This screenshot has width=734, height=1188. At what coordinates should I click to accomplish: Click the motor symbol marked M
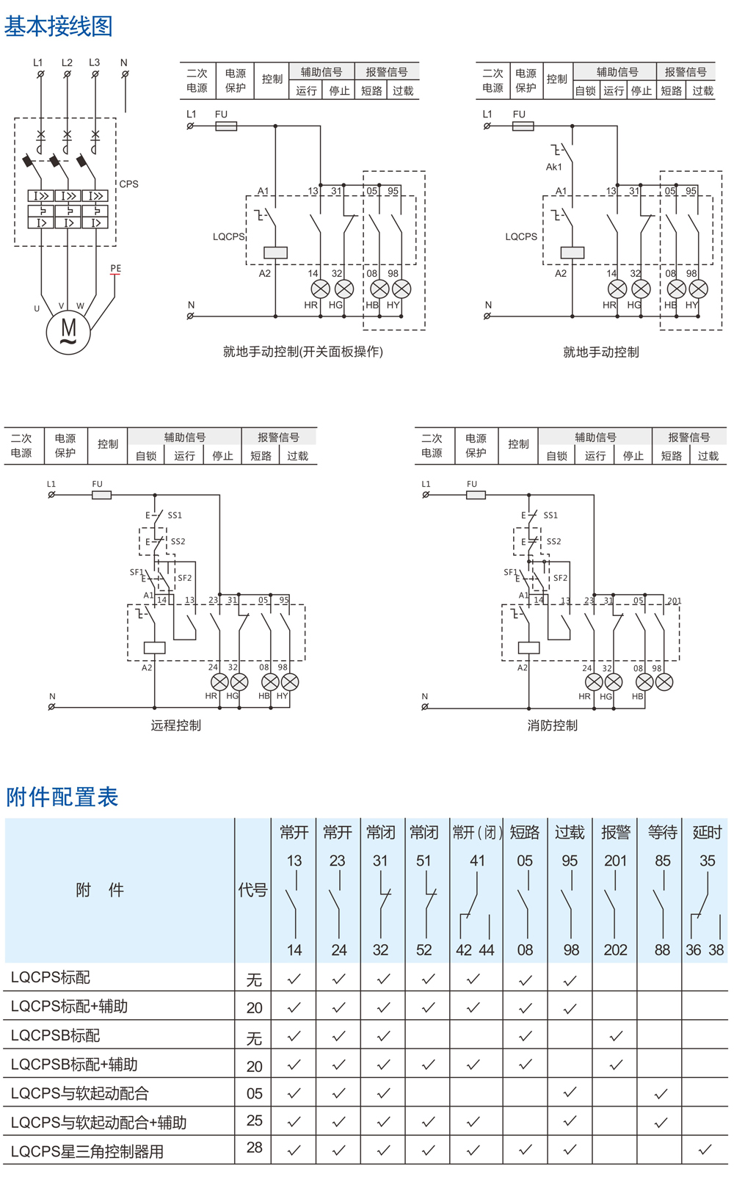click(68, 332)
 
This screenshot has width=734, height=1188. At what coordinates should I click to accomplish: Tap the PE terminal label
click(116, 268)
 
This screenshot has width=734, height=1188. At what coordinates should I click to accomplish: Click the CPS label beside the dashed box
click(129, 184)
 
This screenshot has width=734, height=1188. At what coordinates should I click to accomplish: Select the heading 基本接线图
click(58, 26)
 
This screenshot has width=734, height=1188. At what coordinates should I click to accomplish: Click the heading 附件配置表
click(62, 797)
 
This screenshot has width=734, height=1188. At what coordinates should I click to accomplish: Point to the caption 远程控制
click(176, 725)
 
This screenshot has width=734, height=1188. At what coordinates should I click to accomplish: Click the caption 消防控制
click(552, 725)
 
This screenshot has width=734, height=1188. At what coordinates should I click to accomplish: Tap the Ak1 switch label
click(553, 167)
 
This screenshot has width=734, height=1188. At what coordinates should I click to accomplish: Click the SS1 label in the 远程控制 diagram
click(175, 515)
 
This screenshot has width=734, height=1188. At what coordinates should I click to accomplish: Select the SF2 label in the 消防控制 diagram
click(561, 578)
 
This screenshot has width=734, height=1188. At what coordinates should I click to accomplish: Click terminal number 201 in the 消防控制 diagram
click(674, 601)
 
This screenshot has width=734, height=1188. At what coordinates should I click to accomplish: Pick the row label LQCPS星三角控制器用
click(87, 1151)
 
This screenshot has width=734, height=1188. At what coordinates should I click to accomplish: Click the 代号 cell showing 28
click(255, 1147)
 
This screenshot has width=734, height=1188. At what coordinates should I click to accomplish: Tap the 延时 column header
click(707, 832)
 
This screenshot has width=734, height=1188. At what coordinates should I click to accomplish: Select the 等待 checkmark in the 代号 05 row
click(661, 1093)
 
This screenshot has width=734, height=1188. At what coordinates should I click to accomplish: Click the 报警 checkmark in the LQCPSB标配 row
click(616, 1035)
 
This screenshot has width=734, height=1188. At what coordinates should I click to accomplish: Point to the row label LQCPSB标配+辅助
click(74, 1064)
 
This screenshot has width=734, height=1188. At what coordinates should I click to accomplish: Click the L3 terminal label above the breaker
click(95, 62)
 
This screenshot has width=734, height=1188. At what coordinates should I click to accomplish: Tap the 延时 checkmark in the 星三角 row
click(705, 1149)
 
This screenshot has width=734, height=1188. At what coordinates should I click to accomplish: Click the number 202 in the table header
click(615, 949)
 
